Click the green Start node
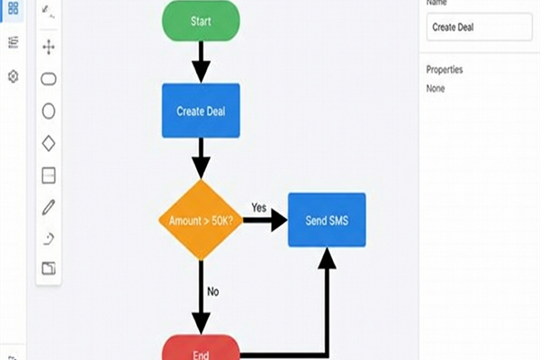tap(201, 20)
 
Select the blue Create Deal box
tap(201, 111)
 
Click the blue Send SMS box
tap(327, 220)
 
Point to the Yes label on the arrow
tap(259, 206)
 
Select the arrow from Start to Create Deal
tap(201, 61)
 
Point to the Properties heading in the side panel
tap(445, 70)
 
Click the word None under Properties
tap(436, 88)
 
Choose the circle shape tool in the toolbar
tap(49, 111)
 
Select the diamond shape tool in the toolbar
tap(49, 143)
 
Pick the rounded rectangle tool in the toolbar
tap(49, 78)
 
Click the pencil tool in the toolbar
tap(49, 207)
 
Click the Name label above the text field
tap(437, 4)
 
